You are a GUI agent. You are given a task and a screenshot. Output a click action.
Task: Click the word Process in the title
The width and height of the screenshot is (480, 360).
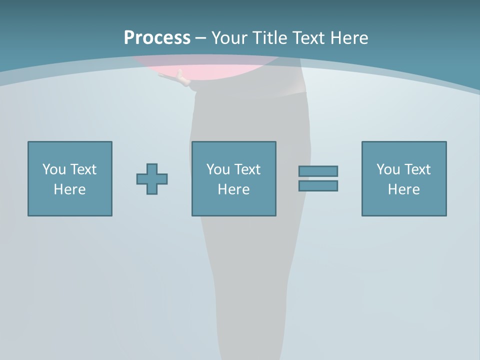coord(157,38)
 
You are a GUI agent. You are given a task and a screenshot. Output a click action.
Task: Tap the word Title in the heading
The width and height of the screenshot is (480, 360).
coord(270,38)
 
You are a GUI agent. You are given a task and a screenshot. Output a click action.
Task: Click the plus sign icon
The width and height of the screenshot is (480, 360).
coord(152,179)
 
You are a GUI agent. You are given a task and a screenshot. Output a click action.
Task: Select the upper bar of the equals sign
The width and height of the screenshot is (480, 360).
coord(318,171)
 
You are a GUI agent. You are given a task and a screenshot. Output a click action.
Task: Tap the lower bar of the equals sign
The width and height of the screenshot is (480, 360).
coord(318,186)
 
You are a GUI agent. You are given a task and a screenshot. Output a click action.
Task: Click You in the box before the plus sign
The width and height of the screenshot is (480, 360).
coord(54,169)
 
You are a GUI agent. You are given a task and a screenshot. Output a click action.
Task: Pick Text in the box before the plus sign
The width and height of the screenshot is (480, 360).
coord(82,169)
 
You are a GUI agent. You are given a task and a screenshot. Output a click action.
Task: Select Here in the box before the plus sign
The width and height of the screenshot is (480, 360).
coord(69,189)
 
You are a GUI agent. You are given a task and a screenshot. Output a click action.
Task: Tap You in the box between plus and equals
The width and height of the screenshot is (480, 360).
coord(218,169)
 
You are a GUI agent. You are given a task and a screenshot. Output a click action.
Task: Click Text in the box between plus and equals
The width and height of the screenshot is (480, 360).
coord(246,169)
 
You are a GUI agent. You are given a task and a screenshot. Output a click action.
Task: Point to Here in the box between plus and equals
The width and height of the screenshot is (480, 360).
coord(233,189)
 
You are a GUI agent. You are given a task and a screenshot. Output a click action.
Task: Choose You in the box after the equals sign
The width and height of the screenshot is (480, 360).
coord(388,169)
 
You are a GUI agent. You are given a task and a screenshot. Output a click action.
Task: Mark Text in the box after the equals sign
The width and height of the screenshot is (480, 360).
coord(416,169)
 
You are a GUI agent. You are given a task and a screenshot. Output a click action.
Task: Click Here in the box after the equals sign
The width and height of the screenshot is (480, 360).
coord(403,189)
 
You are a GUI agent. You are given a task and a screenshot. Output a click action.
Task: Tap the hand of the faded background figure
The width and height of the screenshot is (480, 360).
coord(183,79)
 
